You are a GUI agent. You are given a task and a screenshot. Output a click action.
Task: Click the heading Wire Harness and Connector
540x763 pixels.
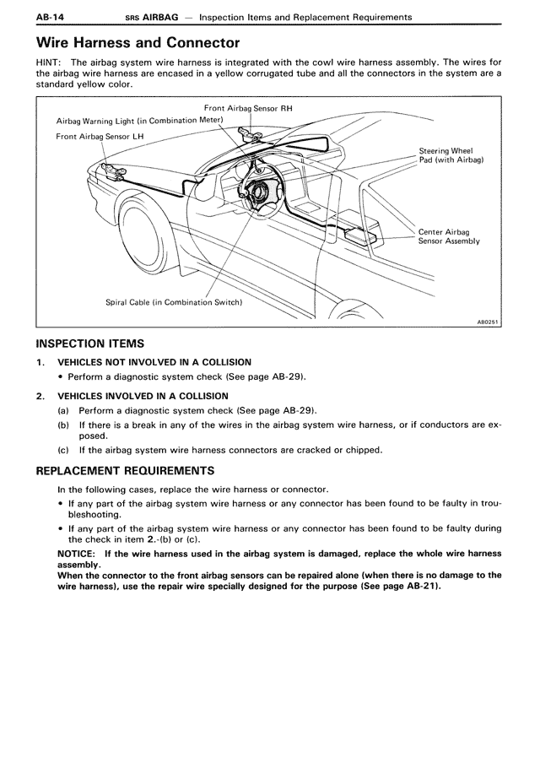[x=138, y=42]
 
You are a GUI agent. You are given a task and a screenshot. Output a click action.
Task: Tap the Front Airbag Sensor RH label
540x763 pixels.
[x=248, y=110]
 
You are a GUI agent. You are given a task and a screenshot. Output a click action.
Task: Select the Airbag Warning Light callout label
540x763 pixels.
[x=140, y=121]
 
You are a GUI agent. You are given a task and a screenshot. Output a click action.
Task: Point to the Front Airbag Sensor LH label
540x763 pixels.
[x=91, y=136]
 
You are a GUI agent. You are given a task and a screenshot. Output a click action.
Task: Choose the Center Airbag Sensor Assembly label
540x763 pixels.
[x=449, y=236]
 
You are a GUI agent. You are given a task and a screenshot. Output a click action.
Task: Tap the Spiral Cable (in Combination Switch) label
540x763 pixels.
[x=174, y=302]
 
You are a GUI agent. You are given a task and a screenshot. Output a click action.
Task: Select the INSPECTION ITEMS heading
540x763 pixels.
[x=90, y=344]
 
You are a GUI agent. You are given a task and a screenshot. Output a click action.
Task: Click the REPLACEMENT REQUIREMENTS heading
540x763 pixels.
[x=125, y=470]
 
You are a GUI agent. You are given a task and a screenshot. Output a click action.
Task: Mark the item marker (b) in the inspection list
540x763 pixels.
[x=63, y=425]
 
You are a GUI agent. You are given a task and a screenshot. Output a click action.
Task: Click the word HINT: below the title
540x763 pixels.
[x=50, y=62]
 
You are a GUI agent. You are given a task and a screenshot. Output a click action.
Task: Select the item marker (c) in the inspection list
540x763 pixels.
[x=63, y=450]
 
